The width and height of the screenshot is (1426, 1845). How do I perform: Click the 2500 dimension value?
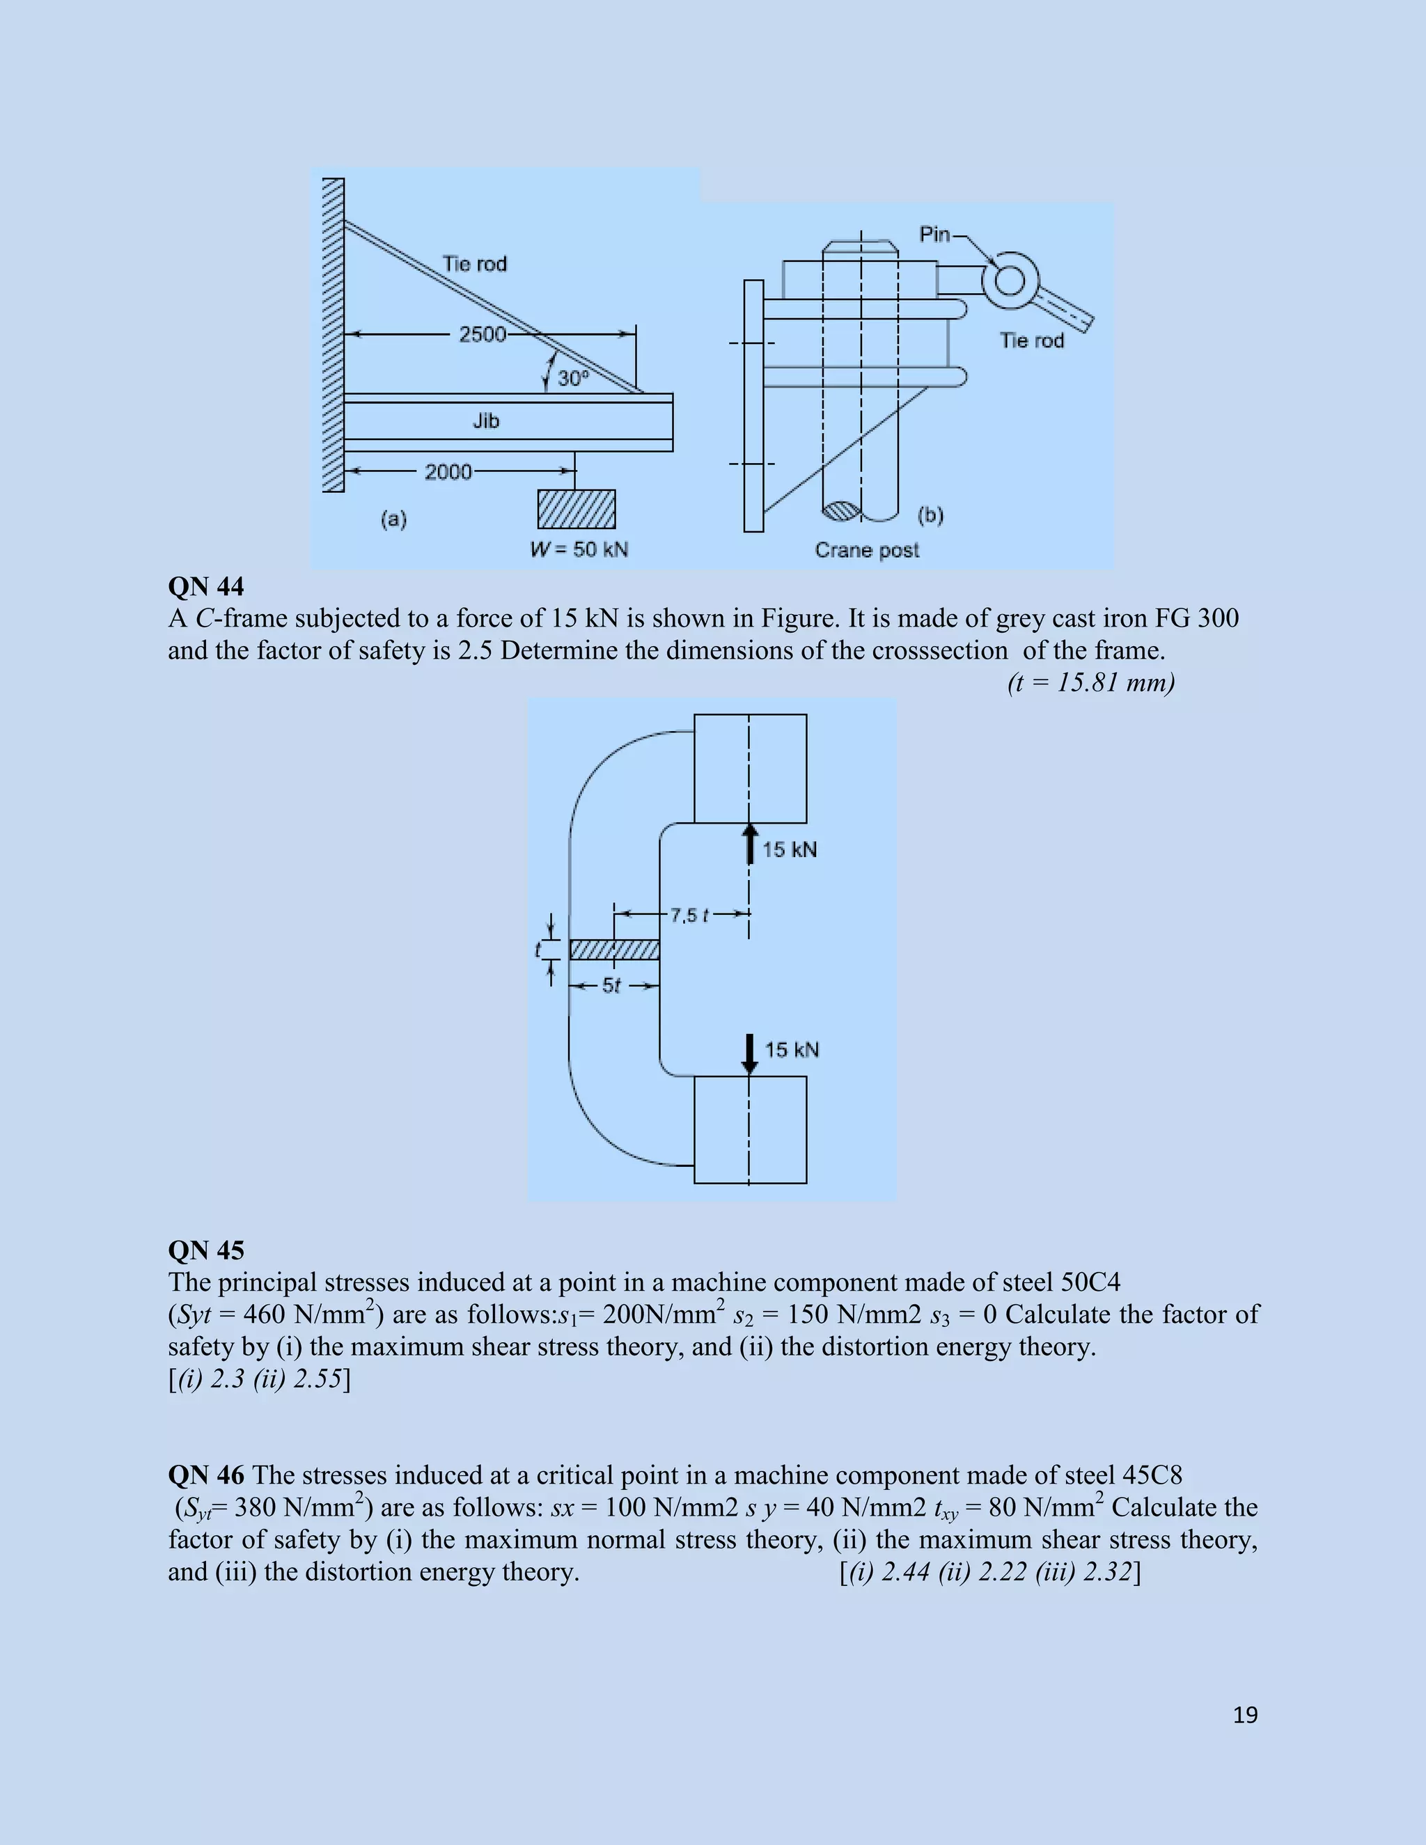482,334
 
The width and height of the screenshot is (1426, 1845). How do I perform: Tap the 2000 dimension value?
448,471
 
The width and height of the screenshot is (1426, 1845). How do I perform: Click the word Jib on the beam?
486,421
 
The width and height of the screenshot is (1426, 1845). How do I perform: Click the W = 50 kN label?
579,550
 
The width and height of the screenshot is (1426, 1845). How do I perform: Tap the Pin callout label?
934,234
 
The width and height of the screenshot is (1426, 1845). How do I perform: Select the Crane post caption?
867,551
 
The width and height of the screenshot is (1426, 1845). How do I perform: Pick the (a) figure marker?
393,519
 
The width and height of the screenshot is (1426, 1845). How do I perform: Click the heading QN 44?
206,587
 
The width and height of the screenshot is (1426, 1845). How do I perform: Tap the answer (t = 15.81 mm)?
1090,682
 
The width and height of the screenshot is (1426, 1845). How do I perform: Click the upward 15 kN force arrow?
749,844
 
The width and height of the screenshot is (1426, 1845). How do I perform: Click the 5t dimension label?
611,986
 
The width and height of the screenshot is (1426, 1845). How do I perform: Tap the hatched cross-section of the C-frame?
614,950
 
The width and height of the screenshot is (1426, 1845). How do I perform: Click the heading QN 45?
206,1251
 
